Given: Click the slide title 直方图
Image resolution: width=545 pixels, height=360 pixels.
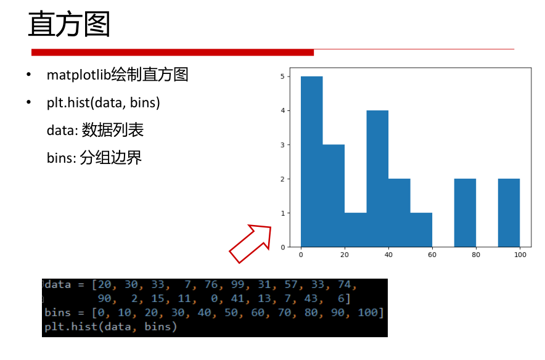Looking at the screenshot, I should click(x=69, y=25).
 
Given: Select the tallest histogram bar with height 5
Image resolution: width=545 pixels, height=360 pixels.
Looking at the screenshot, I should click(x=311, y=162).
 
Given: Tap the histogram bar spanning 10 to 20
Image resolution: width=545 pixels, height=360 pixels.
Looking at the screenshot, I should click(x=334, y=195).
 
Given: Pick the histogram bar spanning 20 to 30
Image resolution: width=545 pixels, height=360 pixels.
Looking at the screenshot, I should click(x=356, y=229).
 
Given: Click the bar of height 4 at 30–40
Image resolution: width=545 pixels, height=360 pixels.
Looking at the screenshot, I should click(x=377, y=179).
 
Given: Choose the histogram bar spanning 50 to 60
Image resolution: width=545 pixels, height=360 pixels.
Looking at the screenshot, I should click(x=421, y=229).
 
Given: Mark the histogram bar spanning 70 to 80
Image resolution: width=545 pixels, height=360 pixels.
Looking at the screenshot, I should click(x=465, y=213).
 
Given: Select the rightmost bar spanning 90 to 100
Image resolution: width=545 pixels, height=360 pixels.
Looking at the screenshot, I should click(x=509, y=213).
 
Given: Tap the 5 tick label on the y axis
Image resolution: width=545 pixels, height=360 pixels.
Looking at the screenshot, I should click(x=282, y=76).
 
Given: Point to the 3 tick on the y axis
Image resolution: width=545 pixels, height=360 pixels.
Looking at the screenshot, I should click(x=282, y=145).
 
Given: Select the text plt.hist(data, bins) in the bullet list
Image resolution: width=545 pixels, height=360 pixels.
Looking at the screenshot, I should click(x=104, y=102).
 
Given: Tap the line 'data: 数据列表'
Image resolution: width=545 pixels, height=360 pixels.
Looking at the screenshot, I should click(x=95, y=130).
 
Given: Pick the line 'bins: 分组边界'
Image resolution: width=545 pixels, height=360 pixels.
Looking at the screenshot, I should click(x=94, y=158).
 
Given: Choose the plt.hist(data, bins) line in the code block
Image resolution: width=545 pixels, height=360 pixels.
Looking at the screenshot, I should click(x=110, y=327).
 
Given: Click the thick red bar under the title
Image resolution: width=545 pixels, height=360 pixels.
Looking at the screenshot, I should click(x=173, y=52).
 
